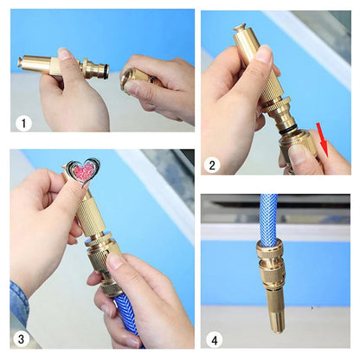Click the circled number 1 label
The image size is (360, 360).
(23, 124)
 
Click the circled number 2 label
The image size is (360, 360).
(212, 165)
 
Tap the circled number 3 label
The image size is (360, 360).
(21, 339)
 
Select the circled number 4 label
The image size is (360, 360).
(215, 340)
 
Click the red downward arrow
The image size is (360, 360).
(322, 139)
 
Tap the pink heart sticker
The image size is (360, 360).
(84, 172)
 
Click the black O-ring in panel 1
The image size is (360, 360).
(107, 71)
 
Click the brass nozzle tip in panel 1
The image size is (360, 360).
(20, 61)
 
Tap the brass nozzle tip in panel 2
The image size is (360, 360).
(241, 29)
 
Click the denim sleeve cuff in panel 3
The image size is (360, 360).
(19, 300)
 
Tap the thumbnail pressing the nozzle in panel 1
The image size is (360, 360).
(64, 54)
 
